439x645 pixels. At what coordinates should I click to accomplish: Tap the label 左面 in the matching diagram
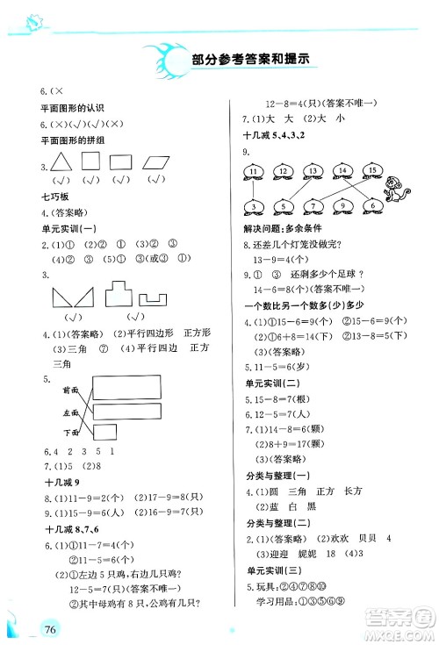(69, 411)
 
